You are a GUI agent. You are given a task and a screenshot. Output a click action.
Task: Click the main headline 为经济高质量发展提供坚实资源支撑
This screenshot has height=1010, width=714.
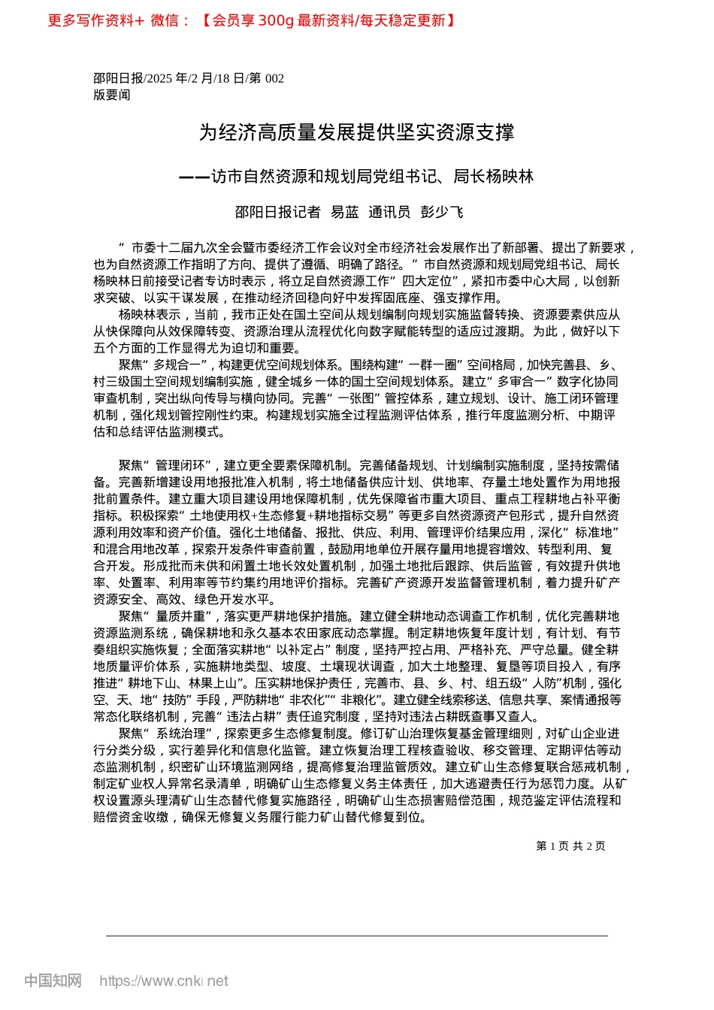(x=356, y=133)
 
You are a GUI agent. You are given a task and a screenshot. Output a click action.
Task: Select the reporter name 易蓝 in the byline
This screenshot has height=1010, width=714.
(x=345, y=213)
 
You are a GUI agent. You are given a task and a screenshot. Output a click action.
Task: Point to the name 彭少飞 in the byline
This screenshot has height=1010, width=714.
(x=442, y=213)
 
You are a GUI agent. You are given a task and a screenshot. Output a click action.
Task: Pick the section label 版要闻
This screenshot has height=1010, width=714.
(x=111, y=95)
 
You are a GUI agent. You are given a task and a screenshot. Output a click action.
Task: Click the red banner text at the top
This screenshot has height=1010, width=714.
(x=251, y=20)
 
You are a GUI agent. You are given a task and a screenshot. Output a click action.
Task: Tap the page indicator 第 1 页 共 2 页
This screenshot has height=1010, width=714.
(x=570, y=845)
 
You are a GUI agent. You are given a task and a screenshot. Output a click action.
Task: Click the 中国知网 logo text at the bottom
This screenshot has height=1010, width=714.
(x=52, y=981)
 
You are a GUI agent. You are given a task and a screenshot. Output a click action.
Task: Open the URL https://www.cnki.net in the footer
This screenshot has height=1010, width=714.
(x=164, y=981)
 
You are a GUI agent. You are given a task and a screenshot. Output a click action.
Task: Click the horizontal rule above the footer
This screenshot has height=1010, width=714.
(x=356, y=936)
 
